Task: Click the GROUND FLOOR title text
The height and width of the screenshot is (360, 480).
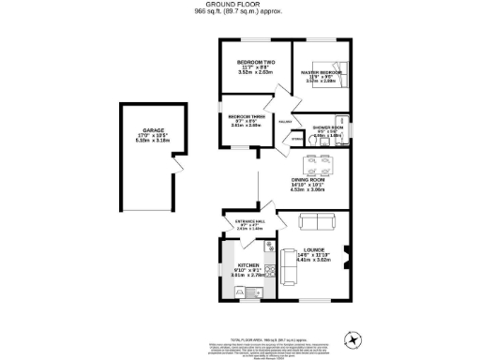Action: point(239,5)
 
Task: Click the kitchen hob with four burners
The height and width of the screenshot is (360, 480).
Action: point(268,273)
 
